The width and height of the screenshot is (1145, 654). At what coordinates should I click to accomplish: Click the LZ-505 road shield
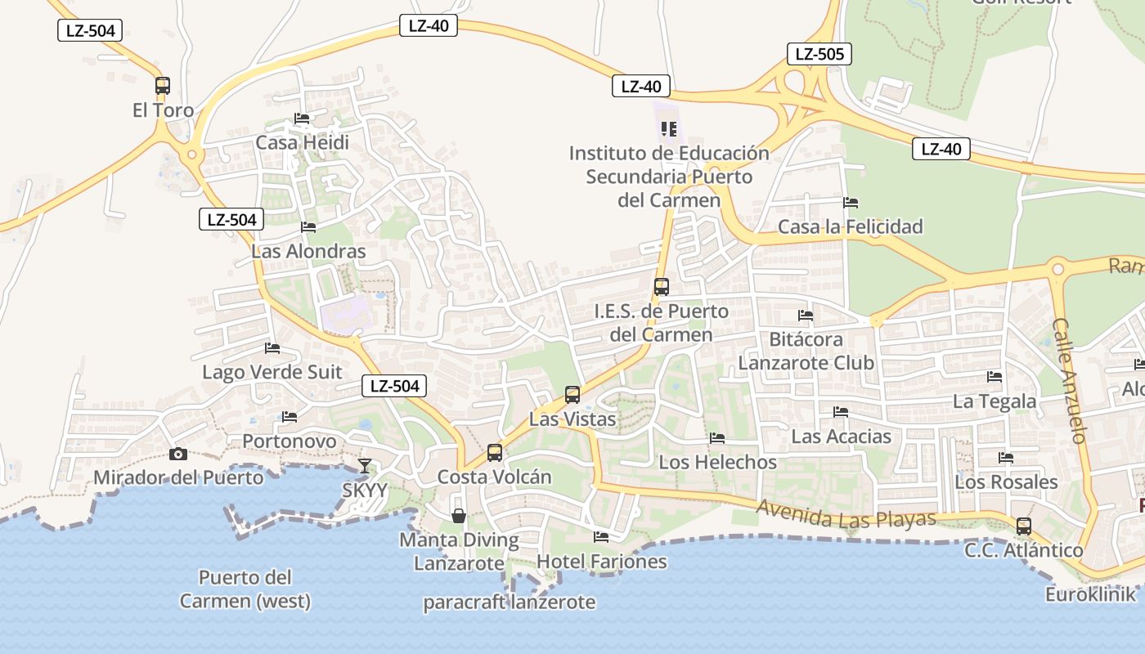pos(819,55)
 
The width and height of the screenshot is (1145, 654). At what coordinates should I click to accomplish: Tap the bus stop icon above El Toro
pos(163,86)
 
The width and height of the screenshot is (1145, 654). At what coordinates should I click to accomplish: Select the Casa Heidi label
pos(302,142)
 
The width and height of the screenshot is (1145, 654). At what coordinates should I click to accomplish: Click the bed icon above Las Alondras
pos(308,227)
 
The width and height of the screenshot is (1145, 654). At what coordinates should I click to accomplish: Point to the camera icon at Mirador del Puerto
pos(177,455)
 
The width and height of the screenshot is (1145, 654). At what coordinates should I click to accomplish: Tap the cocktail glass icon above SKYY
pos(365,466)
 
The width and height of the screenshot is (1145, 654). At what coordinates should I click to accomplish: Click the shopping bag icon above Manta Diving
pos(459,516)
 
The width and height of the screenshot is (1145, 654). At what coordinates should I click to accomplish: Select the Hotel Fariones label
pos(601,562)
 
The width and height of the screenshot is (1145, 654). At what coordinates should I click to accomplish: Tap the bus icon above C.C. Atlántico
pos(1023,526)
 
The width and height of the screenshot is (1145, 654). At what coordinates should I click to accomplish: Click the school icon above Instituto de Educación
pos(669,129)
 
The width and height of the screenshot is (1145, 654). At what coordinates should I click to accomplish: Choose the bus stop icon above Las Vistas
pos(572,395)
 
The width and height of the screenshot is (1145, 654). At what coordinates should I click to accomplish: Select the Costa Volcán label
pos(494,477)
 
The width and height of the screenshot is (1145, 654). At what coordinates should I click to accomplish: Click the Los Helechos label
pos(717,462)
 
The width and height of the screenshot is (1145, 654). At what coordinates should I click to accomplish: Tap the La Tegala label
pos(994,401)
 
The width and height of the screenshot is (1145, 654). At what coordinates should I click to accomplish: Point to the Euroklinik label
pos(1090,594)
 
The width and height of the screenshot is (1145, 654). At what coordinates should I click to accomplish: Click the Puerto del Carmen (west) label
pos(245,589)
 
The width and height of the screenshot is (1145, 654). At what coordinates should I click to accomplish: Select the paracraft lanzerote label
pos(509,602)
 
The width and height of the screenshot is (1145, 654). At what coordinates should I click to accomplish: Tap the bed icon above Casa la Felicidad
pos(851,203)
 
